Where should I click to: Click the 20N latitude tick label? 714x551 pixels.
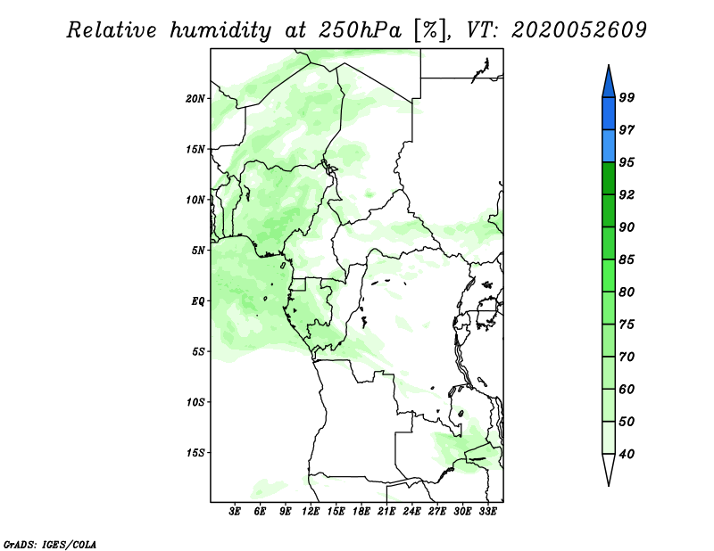pyautogui.click(x=195, y=99)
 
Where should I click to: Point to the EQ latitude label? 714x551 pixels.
pyautogui.click(x=197, y=301)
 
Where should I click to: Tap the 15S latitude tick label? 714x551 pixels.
pyautogui.click(x=195, y=453)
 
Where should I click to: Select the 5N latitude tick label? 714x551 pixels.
pyautogui.click(x=198, y=251)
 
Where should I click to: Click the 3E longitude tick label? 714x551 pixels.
pyautogui.click(x=235, y=512)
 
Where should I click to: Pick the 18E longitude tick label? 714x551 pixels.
pyautogui.click(x=361, y=512)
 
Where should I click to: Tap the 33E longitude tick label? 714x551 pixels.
pyautogui.click(x=487, y=512)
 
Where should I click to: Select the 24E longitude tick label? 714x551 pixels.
pyautogui.click(x=411, y=512)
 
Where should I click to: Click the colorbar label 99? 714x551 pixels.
pyautogui.click(x=627, y=97)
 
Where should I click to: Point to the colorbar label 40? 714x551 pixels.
pyautogui.click(x=627, y=454)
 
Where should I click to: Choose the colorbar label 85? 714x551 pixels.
pyautogui.click(x=627, y=259)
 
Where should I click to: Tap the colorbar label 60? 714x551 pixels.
pyautogui.click(x=627, y=389)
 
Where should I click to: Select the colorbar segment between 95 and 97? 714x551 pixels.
pyautogui.click(x=609, y=146)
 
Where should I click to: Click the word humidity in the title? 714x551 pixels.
pyautogui.click(x=220, y=31)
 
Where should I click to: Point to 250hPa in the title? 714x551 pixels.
pyautogui.click(x=360, y=30)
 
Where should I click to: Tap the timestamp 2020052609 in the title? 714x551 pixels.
pyautogui.click(x=578, y=30)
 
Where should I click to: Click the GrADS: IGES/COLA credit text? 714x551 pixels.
pyautogui.click(x=50, y=545)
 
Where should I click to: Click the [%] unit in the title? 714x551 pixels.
pyautogui.click(x=430, y=30)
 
